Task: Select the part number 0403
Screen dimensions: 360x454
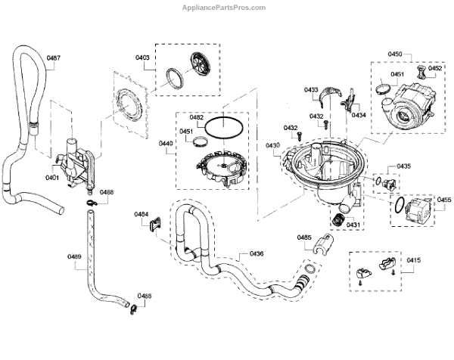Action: tap(143, 58)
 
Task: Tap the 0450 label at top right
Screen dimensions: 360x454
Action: tap(395, 54)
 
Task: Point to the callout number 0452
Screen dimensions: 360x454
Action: tap(435, 69)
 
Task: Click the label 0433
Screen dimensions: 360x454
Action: tap(311, 90)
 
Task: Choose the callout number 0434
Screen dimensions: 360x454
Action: tap(359, 115)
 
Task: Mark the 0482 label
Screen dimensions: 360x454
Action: tap(197, 118)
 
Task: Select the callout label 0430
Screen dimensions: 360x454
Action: tap(272, 145)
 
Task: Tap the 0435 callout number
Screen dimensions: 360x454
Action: tap(404, 166)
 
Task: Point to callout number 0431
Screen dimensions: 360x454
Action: tap(353, 225)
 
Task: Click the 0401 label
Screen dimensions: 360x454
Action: tap(52, 178)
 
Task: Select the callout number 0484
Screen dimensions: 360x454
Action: tap(141, 215)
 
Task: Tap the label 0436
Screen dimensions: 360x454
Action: tap(257, 253)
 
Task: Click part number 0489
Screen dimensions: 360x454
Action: tap(74, 257)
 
